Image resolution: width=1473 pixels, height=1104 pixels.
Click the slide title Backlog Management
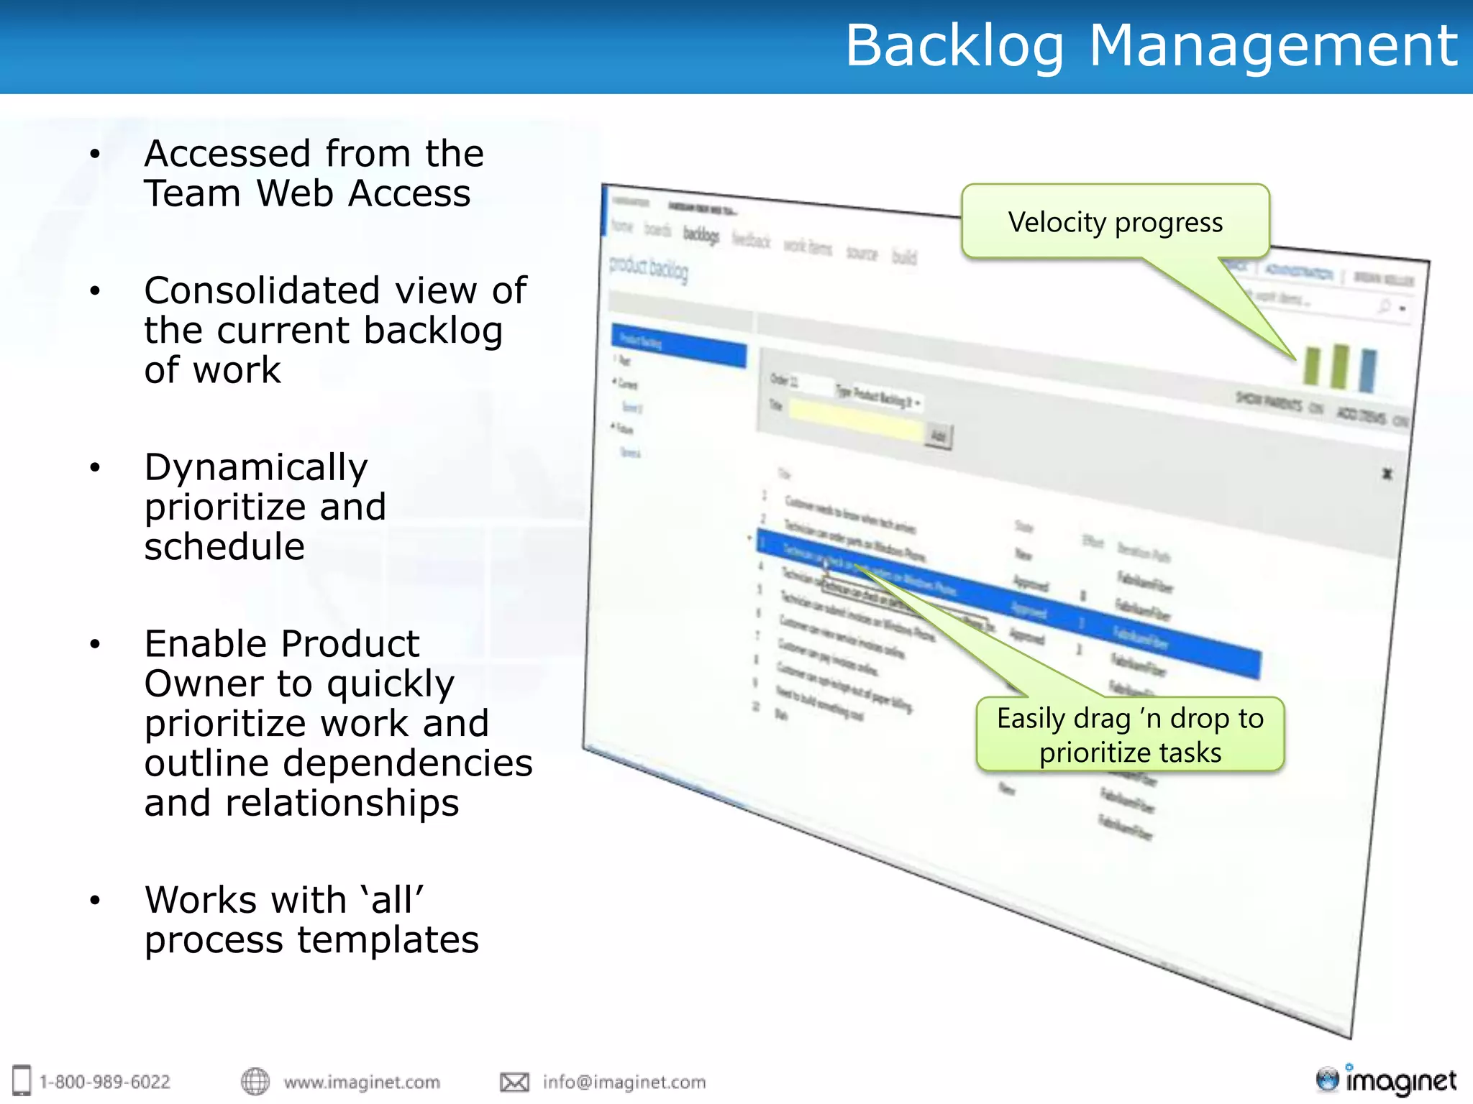click(x=1151, y=46)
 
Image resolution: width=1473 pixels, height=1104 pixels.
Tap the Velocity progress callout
click(x=1115, y=222)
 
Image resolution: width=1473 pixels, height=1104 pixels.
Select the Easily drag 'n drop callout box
click(x=1130, y=735)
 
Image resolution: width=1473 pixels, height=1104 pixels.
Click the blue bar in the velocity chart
click(x=1367, y=371)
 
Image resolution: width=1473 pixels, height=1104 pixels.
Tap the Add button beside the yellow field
click(x=939, y=436)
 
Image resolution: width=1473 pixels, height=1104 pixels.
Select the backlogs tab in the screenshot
click(x=701, y=234)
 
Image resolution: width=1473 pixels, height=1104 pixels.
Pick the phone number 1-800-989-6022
click(x=105, y=1082)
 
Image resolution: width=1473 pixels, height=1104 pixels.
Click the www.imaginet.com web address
click(x=362, y=1082)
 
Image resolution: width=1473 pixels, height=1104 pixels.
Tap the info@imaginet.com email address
click(x=624, y=1082)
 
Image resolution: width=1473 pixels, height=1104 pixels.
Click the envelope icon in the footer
click(x=514, y=1082)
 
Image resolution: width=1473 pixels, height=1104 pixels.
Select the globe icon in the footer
click(x=255, y=1082)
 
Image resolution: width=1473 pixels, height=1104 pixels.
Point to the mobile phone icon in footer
click(x=22, y=1080)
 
